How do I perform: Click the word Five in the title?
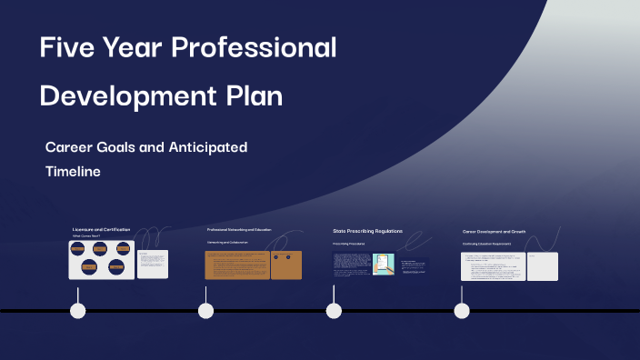(66, 47)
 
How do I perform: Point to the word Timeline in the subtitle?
(73, 170)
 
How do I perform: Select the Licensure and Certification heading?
(101, 230)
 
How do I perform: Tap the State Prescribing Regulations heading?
(367, 231)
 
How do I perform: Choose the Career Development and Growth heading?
(494, 232)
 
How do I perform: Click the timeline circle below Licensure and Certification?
(78, 311)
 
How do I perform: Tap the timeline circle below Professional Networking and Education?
(206, 311)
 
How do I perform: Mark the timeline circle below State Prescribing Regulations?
(334, 311)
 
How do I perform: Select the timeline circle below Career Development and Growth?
(462, 311)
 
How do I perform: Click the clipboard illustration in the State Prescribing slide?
(383, 264)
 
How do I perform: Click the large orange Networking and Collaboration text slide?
(235, 265)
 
